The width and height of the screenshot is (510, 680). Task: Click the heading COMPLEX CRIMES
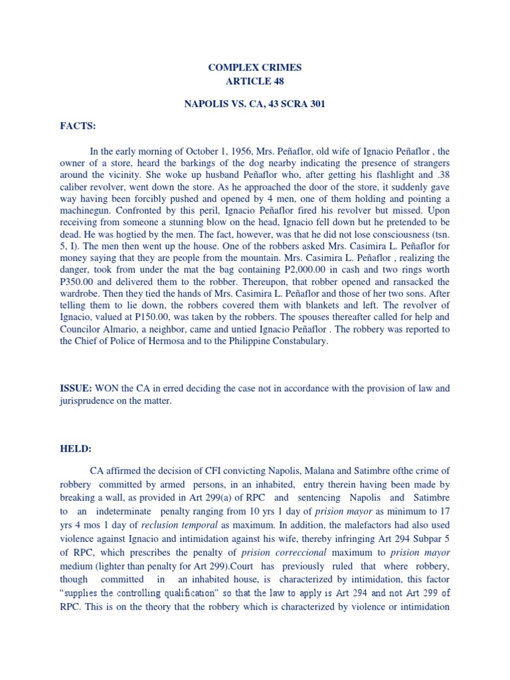255,68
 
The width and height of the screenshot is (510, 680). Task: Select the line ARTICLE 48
255,82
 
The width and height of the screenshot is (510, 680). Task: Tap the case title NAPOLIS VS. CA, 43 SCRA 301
255,105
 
